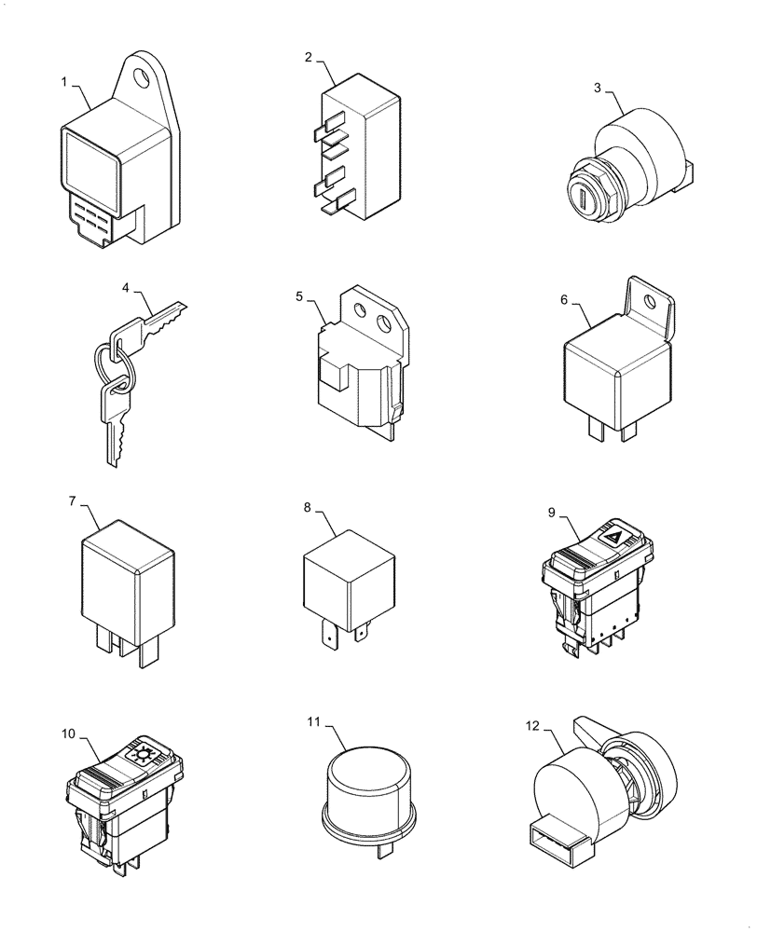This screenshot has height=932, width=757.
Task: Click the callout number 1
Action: click(65, 82)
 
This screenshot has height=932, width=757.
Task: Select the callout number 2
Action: click(309, 57)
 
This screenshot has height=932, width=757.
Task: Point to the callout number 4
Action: click(125, 289)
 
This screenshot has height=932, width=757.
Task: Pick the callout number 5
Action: click(299, 296)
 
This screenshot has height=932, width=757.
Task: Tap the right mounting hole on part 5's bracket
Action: click(383, 324)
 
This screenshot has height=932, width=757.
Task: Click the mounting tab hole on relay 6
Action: click(663, 302)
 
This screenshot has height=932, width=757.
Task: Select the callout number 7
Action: click(72, 501)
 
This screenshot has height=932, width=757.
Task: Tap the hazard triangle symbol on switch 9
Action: click(613, 537)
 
